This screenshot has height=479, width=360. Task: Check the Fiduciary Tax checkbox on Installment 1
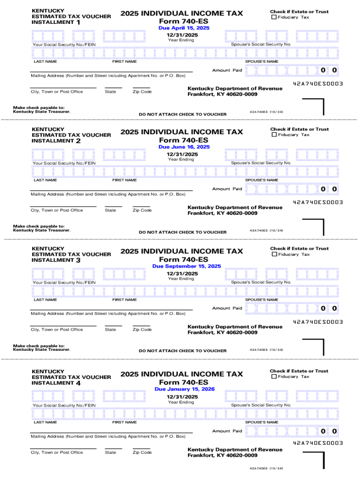click(x=274, y=17)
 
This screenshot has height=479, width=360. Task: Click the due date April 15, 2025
click(x=184, y=28)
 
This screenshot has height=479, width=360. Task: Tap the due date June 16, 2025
click(x=184, y=147)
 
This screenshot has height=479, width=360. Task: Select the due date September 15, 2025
click(x=187, y=266)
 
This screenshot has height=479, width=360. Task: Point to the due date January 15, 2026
click(x=185, y=389)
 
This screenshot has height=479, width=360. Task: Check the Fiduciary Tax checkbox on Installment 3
click(x=274, y=254)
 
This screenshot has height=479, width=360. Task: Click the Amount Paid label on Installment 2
click(x=227, y=189)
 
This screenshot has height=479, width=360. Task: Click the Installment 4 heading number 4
click(x=78, y=383)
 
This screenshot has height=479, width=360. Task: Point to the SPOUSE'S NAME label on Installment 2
click(x=261, y=180)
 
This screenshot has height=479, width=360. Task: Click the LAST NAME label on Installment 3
click(x=45, y=300)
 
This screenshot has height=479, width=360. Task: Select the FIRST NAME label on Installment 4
click(x=124, y=422)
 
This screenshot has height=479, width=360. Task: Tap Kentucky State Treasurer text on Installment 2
click(x=42, y=230)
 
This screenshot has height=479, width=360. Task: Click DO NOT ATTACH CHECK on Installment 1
click(x=182, y=115)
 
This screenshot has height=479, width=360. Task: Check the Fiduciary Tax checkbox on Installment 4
click(x=274, y=377)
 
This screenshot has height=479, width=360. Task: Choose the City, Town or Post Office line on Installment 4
click(x=63, y=449)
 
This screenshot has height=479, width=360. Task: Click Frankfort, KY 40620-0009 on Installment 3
click(x=222, y=333)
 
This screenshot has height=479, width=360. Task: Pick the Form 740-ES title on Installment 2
click(x=184, y=140)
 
